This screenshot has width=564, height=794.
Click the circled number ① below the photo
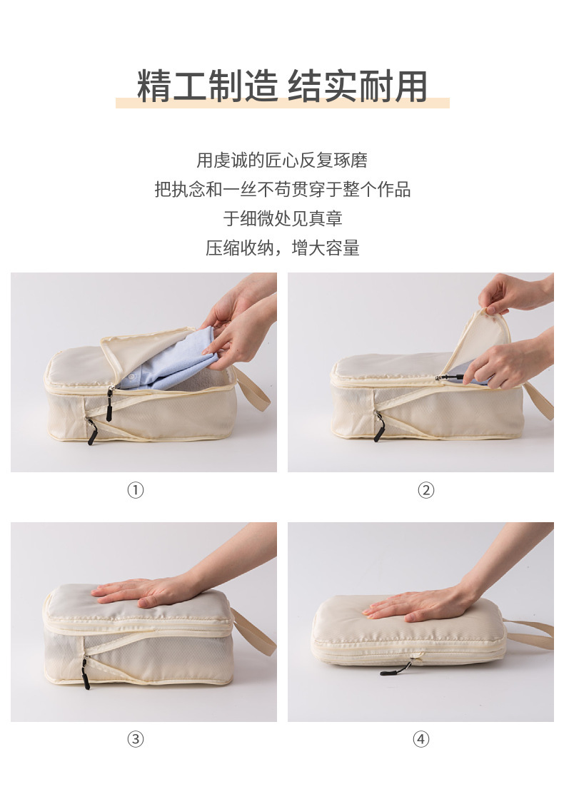click(x=136, y=490)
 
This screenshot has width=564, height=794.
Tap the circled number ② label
click(x=425, y=490)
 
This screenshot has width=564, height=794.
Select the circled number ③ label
click(x=136, y=739)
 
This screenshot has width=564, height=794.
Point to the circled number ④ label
click(x=421, y=739)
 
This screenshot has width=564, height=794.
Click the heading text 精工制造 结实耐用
click(x=282, y=86)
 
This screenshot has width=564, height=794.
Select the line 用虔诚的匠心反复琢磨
click(x=282, y=160)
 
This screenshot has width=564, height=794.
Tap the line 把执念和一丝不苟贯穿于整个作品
click(x=282, y=189)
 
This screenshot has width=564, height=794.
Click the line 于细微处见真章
click(x=282, y=219)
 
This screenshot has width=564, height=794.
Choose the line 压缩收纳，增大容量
click(x=282, y=248)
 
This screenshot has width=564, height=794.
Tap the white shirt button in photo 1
click(x=132, y=377)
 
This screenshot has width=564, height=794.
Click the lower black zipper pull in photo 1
click(x=91, y=433)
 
